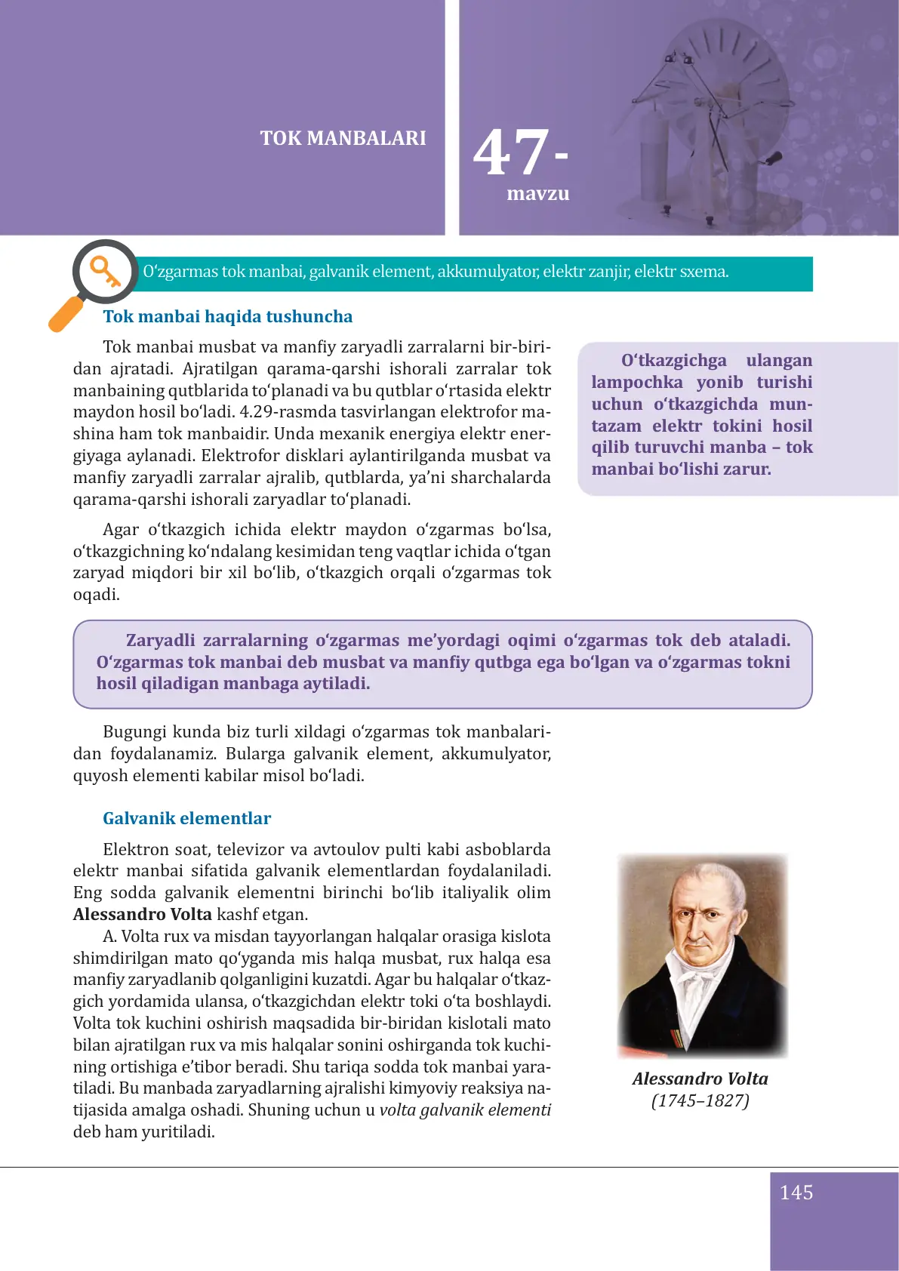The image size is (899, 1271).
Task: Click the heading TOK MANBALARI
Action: pos(343,138)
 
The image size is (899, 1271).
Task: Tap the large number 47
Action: pos(511,153)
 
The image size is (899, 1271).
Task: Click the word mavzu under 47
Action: pos(537,194)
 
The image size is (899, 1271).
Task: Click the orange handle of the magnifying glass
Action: pos(66,314)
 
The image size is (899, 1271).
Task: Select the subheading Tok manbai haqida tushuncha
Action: pos(227,317)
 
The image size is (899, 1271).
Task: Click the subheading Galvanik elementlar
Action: pos(186,819)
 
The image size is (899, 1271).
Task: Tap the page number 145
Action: pos(796,1193)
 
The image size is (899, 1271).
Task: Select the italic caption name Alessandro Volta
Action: pos(700,1079)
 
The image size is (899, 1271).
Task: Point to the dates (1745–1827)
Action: pos(700,1101)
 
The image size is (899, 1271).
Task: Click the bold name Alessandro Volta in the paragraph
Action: pos(142,915)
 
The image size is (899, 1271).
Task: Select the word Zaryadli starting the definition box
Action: pos(160,641)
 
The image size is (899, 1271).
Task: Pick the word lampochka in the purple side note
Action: pos(636,383)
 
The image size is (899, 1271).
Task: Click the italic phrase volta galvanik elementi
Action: pos(465,1110)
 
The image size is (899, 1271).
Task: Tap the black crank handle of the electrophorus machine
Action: pos(773,158)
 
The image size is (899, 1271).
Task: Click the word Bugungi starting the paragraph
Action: pos(134,732)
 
